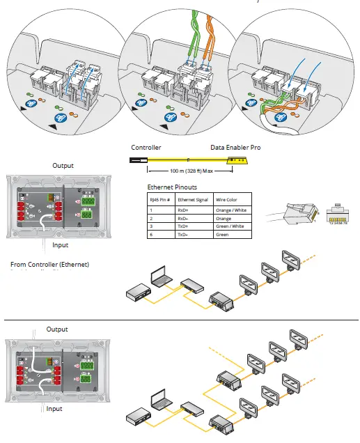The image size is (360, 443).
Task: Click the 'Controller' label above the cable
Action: (146, 148)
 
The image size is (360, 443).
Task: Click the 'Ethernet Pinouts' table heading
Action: (171, 187)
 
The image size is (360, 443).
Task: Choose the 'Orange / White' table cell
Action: (230, 210)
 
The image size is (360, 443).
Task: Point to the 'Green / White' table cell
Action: (229, 226)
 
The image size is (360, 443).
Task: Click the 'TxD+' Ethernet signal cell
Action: (184, 226)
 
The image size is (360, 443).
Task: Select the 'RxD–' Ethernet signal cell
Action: (184, 217)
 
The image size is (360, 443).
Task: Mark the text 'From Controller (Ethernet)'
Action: (49, 264)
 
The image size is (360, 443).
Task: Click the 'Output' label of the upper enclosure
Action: (63, 166)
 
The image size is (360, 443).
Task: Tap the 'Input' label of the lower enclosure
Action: (54, 409)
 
